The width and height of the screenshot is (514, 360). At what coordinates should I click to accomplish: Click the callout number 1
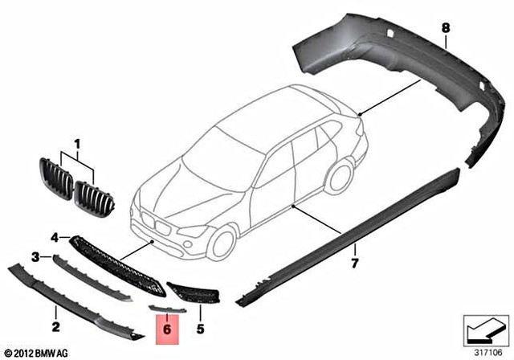click(78, 145)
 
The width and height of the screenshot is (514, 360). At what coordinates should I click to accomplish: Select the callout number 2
click(56, 326)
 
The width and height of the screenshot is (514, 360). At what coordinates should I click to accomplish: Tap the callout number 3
click(35, 256)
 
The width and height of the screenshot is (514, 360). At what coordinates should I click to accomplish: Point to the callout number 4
click(55, 237)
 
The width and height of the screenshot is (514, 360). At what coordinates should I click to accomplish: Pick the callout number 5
click(200, 328)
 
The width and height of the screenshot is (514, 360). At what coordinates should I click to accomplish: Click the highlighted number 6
click(168, 328)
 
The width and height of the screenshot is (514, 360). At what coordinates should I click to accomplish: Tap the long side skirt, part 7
click(353, 232)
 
